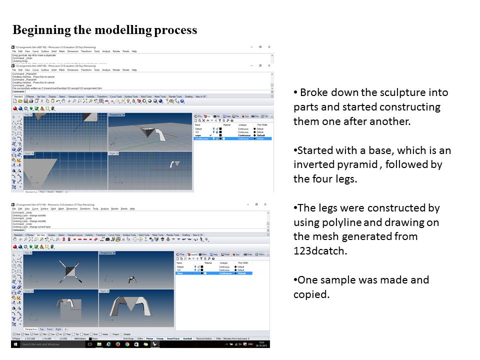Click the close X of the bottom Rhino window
(265, 204)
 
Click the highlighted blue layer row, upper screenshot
(232, 138)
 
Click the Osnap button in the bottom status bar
(159, 338)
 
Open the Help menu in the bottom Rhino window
(132, 208)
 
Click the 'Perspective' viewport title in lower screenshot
(106, 253)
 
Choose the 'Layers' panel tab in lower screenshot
(192, 254)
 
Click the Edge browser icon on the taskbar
(108, 344)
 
